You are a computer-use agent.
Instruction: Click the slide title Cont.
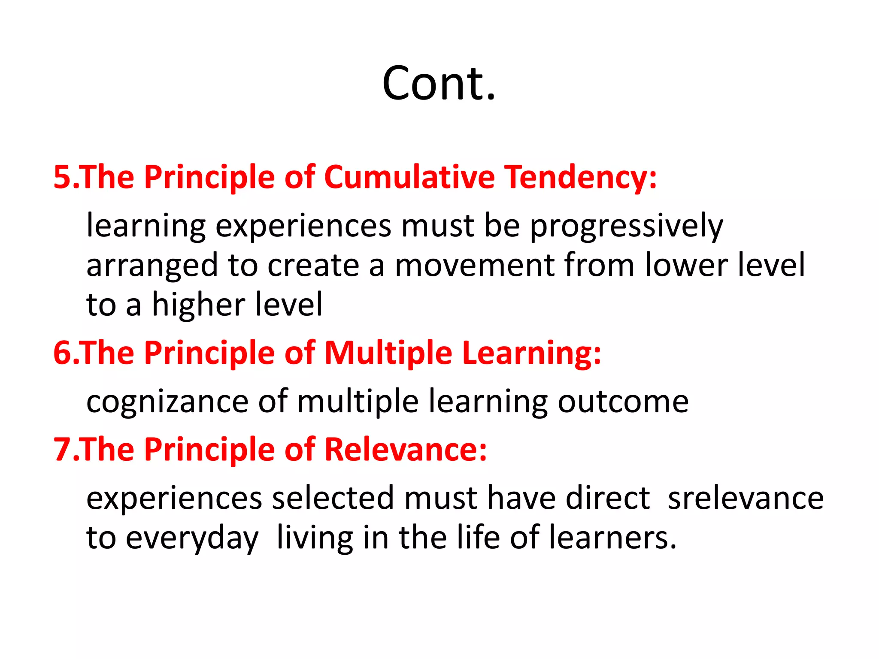click(x=439, y=83)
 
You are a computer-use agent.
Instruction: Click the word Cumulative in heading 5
click(x=409, y=177)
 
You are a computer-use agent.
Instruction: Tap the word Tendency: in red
click(x=580, y=177)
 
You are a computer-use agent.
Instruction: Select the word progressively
click(x=627, y=226)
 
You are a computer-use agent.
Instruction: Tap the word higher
click(x=199, y=305)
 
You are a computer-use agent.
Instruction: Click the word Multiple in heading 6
click(x=388, y=353)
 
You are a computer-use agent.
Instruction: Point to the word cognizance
click(x=167, y=402)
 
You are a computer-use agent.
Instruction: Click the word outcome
click(x=623, y=402)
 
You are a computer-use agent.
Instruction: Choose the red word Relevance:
click(x=406, y=449)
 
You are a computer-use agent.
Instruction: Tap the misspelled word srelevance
click(x=746, y=498)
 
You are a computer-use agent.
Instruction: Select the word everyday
click(x=192, y=538)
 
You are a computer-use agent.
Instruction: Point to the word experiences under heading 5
click(x=303, y=226)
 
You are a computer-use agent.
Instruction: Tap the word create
click(x=313, y=265)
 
